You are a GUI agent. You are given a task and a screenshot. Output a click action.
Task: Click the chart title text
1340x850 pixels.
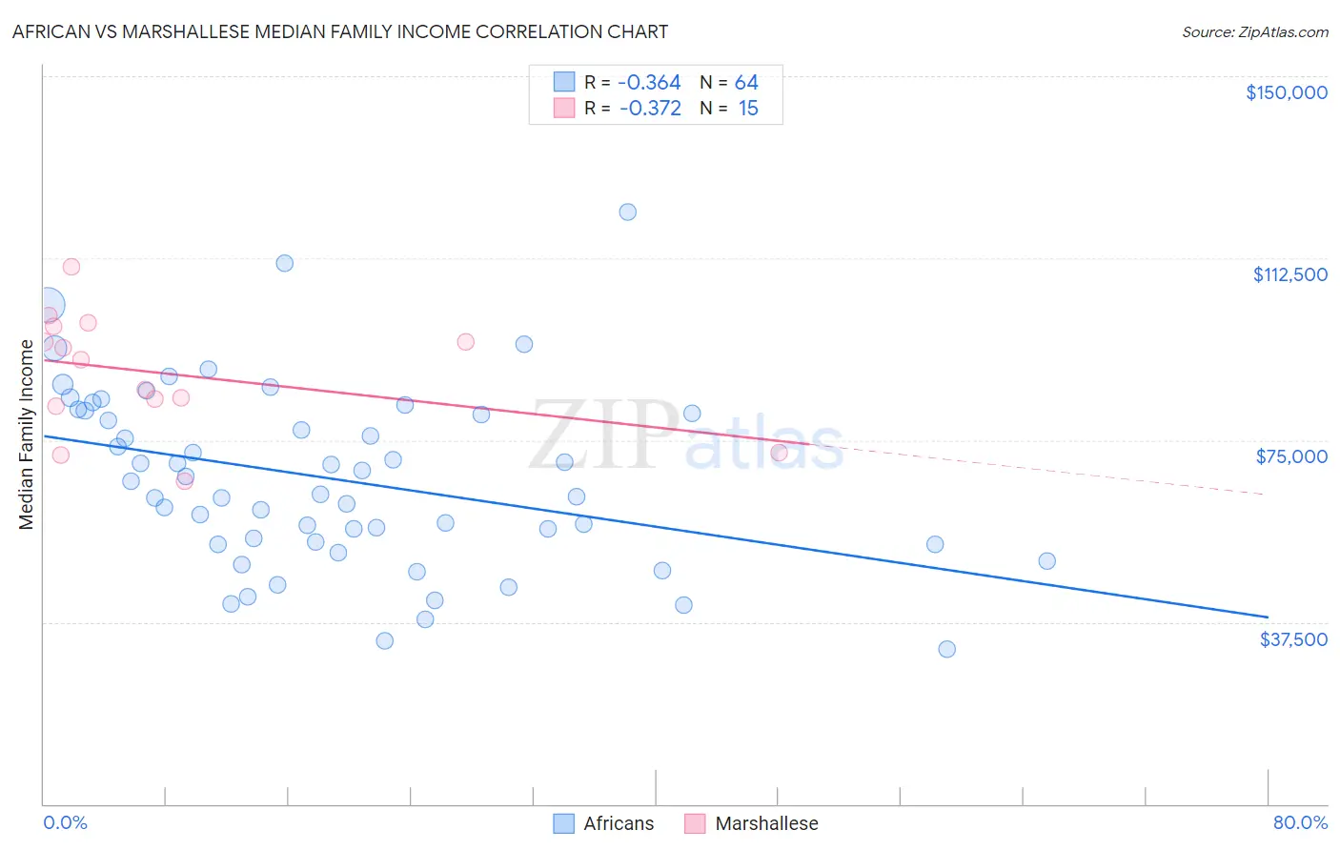coord(340,31)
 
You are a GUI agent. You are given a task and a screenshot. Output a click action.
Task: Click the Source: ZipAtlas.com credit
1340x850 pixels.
coord(1254,31)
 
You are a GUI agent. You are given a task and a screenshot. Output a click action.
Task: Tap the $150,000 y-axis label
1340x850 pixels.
coord(1286,92)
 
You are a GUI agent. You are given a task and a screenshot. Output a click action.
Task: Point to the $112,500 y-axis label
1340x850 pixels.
coord(1289,274)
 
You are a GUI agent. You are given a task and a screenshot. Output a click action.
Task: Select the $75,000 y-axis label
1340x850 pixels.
coord(1291,456)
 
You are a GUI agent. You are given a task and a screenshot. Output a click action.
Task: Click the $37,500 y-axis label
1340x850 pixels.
coord(1292,639)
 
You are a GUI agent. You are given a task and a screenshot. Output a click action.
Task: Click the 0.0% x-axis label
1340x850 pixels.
coord(65,822)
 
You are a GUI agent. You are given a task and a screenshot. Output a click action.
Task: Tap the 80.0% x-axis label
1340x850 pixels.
coord(1300,822)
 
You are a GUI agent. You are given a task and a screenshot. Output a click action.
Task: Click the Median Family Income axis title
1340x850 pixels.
coord(27,434)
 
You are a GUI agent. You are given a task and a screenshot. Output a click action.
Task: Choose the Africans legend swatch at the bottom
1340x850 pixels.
coord(564,823)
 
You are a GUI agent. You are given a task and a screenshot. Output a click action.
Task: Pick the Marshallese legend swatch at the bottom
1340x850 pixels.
coord(695,823)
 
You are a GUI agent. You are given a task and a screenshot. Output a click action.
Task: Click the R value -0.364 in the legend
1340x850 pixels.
coord(649,83)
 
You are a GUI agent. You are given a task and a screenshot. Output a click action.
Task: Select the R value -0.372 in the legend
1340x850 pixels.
coord(650,109)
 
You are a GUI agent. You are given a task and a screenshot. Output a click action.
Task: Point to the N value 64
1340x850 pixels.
coord(746,83)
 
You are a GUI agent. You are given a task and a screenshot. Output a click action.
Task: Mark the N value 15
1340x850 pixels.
coord(748,109)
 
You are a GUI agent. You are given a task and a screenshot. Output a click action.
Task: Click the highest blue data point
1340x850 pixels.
coord(627,212)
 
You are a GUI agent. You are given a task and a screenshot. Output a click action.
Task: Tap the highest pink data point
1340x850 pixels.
coord(71,267)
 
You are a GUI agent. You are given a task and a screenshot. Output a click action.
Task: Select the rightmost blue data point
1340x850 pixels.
coord(1046,561)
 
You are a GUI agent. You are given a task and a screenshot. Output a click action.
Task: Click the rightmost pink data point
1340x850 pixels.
coord(779,453)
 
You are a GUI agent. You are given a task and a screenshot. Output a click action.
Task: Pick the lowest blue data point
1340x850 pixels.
coord(946,649)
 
